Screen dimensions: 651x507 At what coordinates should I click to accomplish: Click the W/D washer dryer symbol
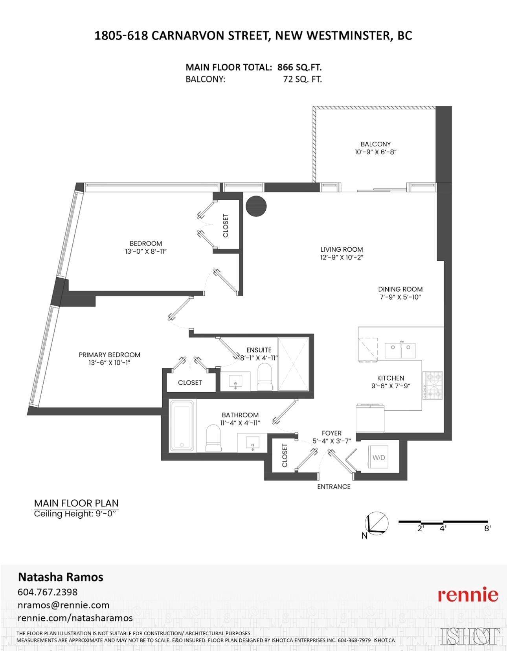coord(378,457)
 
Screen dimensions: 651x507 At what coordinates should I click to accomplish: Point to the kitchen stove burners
coord(432,385)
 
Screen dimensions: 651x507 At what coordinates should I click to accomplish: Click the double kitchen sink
coord(400,349)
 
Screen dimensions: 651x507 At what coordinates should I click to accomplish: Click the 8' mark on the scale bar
coord(487,528)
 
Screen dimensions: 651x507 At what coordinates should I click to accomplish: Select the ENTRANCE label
coord(334,486)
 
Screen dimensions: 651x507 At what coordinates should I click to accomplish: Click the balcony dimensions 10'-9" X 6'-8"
coord(375,152)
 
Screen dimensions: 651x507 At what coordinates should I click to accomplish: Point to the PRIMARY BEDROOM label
coord(109,355)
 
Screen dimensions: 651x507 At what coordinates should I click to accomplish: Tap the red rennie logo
coord(468,595)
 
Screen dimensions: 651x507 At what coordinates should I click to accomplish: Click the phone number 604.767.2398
coord(48,592)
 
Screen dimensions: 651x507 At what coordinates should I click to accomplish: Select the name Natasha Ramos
coord(61,577)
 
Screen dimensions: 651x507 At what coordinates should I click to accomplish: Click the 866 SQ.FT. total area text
coord(299,67)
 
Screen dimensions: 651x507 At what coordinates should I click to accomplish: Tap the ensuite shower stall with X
coord(294,364)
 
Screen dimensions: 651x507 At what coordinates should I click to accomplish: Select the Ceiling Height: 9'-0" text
coord(76,514)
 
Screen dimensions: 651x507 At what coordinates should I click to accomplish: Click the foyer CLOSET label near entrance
coord(285,455)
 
